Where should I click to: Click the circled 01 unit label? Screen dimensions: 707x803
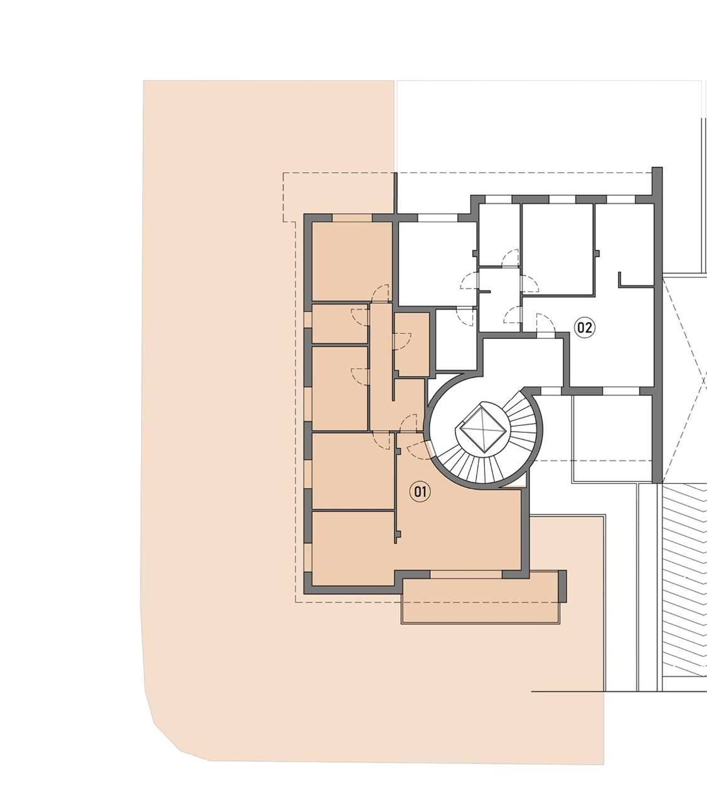pos(420,492)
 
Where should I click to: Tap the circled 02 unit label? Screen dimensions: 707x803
pos(585,327)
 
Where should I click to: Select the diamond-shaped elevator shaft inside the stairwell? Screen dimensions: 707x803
pos(482,427)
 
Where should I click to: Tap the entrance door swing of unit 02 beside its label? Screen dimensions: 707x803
pos(546,324)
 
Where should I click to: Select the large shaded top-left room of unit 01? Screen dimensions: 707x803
pos(352,261)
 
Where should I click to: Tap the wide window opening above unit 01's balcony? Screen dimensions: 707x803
pos(466,574)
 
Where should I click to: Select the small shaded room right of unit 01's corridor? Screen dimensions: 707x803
pos(412,344)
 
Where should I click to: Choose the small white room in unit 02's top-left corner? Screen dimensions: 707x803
pos(499,235)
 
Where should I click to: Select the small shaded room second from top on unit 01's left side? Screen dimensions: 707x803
pos(340,324)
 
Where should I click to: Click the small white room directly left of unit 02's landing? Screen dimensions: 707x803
pos(456,339)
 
